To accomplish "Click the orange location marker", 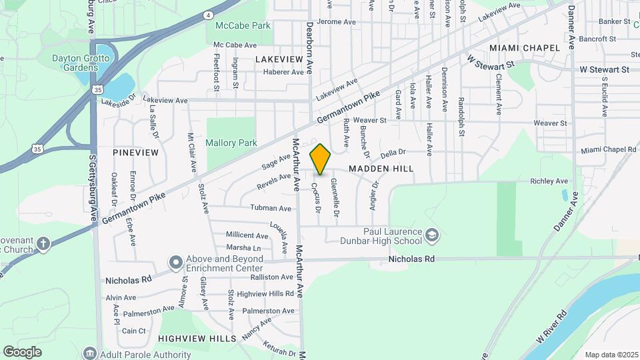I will coord(321,159).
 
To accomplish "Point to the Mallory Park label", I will coord(231,143).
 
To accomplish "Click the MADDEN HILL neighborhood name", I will coord(381,169).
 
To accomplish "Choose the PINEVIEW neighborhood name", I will coord(136,153).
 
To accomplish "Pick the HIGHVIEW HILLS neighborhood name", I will coord(197,339).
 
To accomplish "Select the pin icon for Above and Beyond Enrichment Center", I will coord(175,261).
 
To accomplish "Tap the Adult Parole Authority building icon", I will coord(89,352).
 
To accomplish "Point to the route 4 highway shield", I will coord(208,14).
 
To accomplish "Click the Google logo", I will coord(22,352).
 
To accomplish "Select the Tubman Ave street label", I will coord(271,209).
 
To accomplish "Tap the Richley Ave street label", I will coord(549,181).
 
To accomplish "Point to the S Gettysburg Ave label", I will coord(93,189).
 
